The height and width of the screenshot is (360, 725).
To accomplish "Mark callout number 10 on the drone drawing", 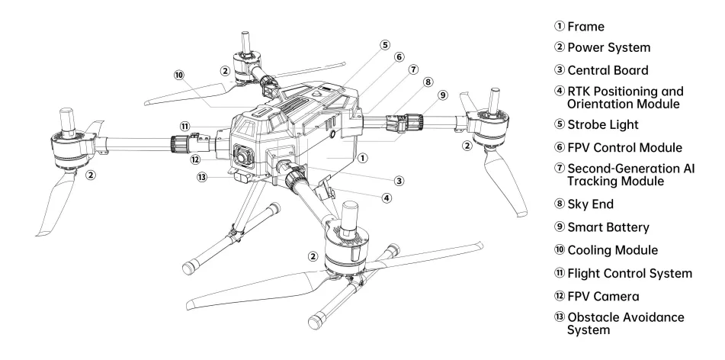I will (178, 76).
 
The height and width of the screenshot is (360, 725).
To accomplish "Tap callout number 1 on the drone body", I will (364, 159).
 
